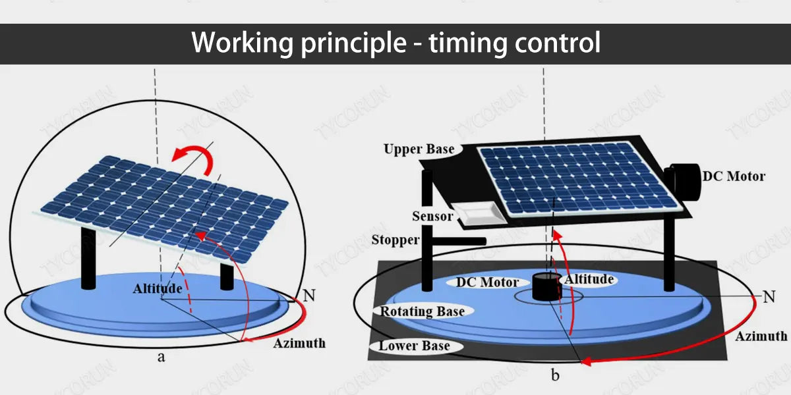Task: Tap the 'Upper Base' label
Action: (x=419, y=149)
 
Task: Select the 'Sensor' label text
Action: (x=432, y=216)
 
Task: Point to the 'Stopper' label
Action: (x=395, y=240)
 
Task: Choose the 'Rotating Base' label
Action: (x=423, y=311)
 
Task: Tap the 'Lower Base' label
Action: (x=414, y=346)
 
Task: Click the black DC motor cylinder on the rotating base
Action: (x=546, y=286)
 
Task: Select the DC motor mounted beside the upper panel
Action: (x=684, y=182)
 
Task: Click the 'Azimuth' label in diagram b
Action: (x=761, y=336)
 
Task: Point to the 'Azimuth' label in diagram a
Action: (x=299, y=343)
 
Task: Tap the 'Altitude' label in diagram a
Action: (x=158, y=288)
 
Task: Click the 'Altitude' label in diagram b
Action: (x=589, y=279)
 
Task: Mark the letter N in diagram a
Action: (x=309, y=295)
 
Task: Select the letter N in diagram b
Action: (x=769, y=297)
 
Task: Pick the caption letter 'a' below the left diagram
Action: (x=161, y=357)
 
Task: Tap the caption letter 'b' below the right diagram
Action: (x=555, y=375)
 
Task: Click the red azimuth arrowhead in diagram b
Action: (x=586, y=361)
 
